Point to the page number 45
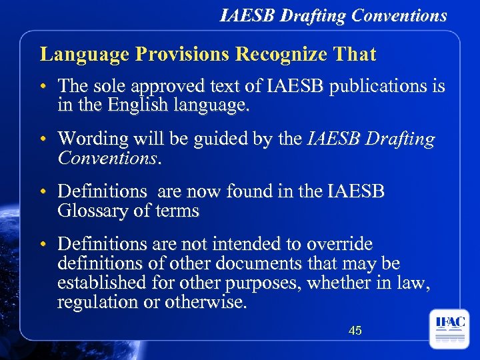pyautogui.click(x=355, y=330)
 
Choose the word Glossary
pyautogui.click(x=91, y=211)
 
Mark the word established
pyautogui.click(x=101, y=283)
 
